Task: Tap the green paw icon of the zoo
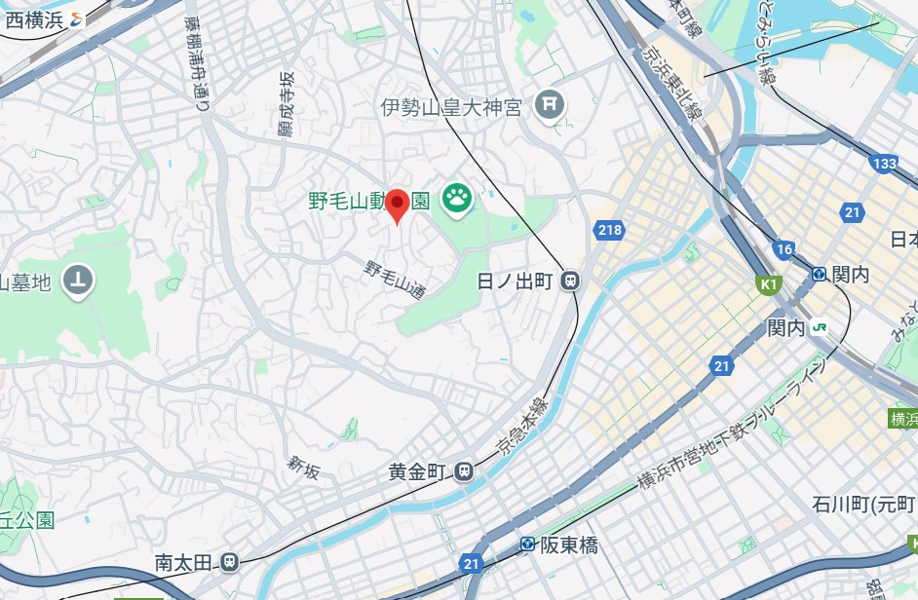[456, 200]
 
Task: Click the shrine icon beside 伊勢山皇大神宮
[551, 103]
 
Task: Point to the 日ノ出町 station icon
[570, 281]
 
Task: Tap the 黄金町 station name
[417, 472]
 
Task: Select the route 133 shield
[884, 164]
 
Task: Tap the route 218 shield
[609, 231]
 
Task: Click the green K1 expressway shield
[770, 284]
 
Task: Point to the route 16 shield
[784, 249]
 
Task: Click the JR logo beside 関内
[822, 328]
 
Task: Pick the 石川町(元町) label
[863, 505]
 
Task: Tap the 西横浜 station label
[34, 19]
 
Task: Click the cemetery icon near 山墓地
[79, 281]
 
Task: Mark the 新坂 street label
[303, 469]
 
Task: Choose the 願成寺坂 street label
[286, 104]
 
